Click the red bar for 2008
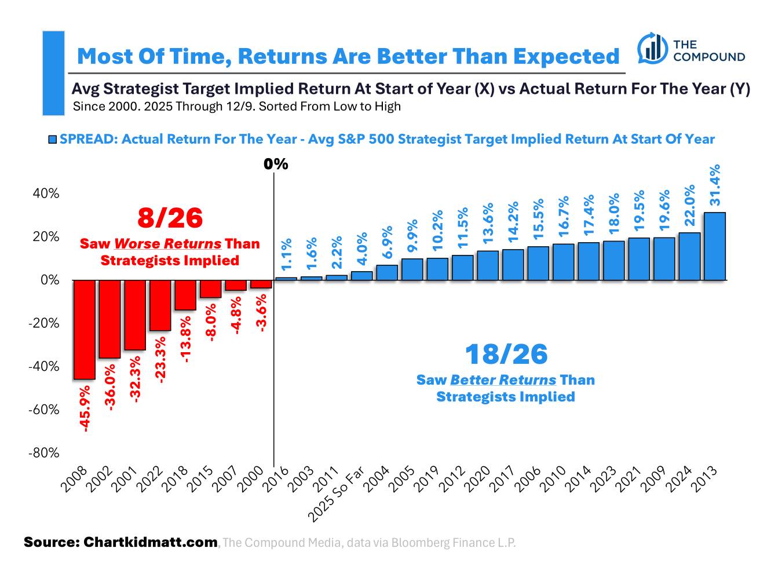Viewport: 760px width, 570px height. pos(84,330)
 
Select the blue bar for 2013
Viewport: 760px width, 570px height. pos(714,246)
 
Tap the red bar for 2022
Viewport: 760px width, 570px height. pos(160,305)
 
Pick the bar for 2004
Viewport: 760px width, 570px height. pos(387,272)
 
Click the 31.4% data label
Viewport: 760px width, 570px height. pos(715,185)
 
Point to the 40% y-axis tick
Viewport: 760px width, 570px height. pos(45,193)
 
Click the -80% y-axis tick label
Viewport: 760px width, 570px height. pos(43,453)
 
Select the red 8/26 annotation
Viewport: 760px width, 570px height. pos(170,218)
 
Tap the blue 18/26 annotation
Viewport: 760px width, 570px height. pos(506,354)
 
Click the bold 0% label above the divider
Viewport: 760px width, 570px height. pos(276,165)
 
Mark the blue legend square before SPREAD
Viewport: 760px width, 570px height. pos(53,140)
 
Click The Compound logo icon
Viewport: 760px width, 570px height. pos(651,49)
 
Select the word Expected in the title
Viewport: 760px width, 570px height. pos(565,56)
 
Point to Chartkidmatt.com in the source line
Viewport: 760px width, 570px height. pos(151,542)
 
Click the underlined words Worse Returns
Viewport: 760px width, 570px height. pos(167,243)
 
